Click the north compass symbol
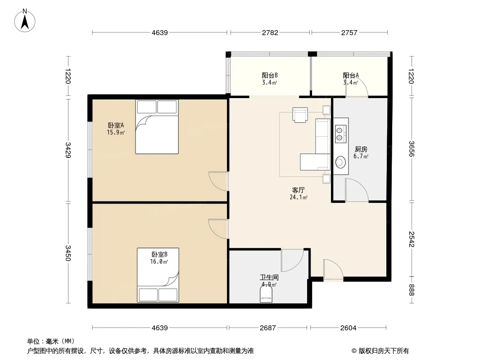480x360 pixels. coord(25,21)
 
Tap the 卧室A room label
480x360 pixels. coord(116,125)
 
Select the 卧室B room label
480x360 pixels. coord(159,255)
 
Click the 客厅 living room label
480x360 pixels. coord(299,190)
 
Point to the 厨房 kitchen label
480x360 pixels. coord(361,149)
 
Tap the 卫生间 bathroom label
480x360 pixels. coord(269,277)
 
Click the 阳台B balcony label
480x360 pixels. coord(270,75)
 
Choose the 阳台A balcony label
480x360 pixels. coord(351,75)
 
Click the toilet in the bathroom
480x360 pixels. coord(266,296)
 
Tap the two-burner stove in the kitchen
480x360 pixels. coord(340,134)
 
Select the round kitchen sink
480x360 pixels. coord(340,162)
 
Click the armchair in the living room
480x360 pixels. coord(300,115)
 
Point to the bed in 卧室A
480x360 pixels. coord(157,126)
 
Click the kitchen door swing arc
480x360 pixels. coord(360,185)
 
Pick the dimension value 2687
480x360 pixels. coord(268,328)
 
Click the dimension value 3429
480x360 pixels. coord(68,150)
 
